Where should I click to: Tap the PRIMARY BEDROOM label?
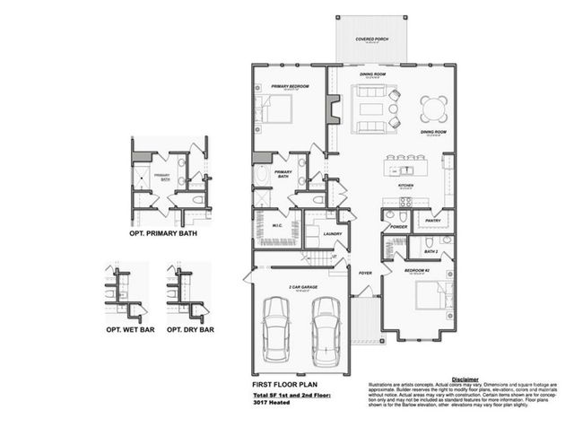290,87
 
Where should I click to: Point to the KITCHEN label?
405,186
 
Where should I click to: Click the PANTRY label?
432,219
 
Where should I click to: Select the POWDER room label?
399,227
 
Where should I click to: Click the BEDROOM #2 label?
419,269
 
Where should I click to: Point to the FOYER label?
366,273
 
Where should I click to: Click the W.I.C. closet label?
276,226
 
